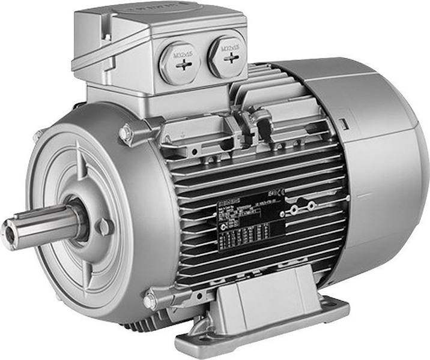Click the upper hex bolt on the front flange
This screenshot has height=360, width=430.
click(126, 133)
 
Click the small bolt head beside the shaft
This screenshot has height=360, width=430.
click(104, 226)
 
